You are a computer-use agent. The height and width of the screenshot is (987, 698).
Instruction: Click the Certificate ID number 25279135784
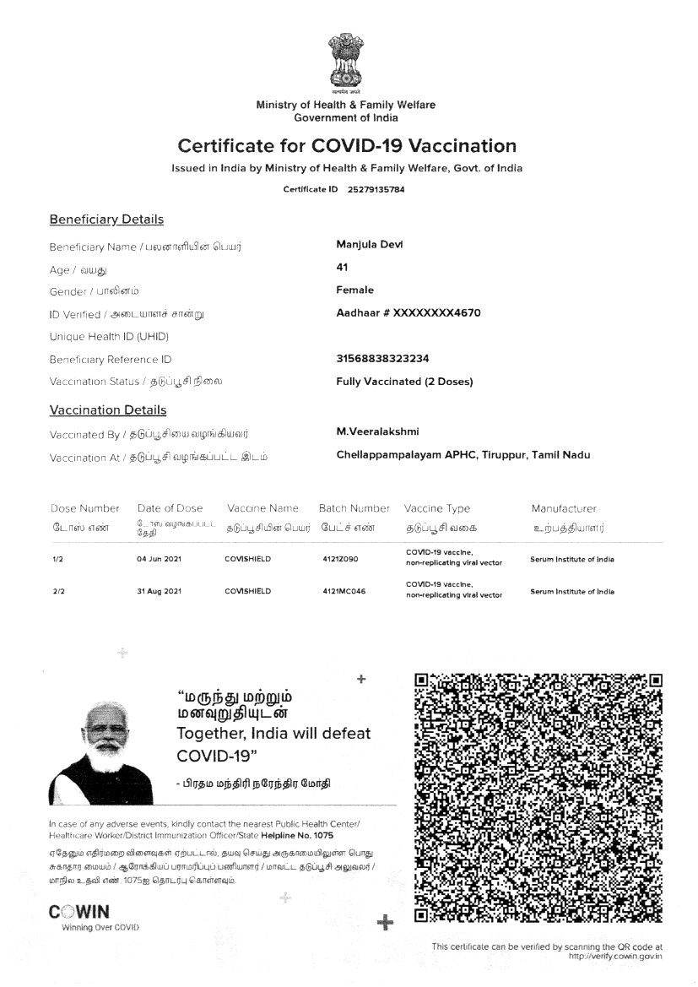coord(376,189)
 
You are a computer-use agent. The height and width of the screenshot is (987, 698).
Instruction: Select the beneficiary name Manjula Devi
coord(370,244)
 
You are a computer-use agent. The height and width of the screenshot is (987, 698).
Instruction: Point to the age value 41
coord(342,267)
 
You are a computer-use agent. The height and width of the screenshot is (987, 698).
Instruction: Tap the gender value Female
coord(354,290)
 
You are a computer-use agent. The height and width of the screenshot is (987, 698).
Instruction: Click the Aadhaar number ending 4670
coord(409,312)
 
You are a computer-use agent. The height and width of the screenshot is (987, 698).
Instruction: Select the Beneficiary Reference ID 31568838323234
coord(382,358)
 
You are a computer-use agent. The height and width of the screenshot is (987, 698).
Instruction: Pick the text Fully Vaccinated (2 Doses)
coord(404,381)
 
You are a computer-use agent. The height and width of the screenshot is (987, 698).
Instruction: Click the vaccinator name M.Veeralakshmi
coord(377,431)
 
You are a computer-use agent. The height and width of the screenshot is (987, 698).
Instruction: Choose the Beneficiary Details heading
coord(106,220)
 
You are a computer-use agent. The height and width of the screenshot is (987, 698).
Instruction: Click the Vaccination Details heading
coord(108,410)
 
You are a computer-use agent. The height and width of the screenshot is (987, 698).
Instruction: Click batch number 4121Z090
coord(340,558)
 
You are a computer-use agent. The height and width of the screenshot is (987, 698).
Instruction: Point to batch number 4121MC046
coord(344,591)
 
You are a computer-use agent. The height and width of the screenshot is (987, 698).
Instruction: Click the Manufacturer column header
coord(564,508)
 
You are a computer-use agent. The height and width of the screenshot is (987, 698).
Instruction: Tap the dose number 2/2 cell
coord(59,591)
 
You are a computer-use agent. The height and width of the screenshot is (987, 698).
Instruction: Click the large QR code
coord(538,797)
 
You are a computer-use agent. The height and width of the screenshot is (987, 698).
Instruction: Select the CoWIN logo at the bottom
coord(79,912)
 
